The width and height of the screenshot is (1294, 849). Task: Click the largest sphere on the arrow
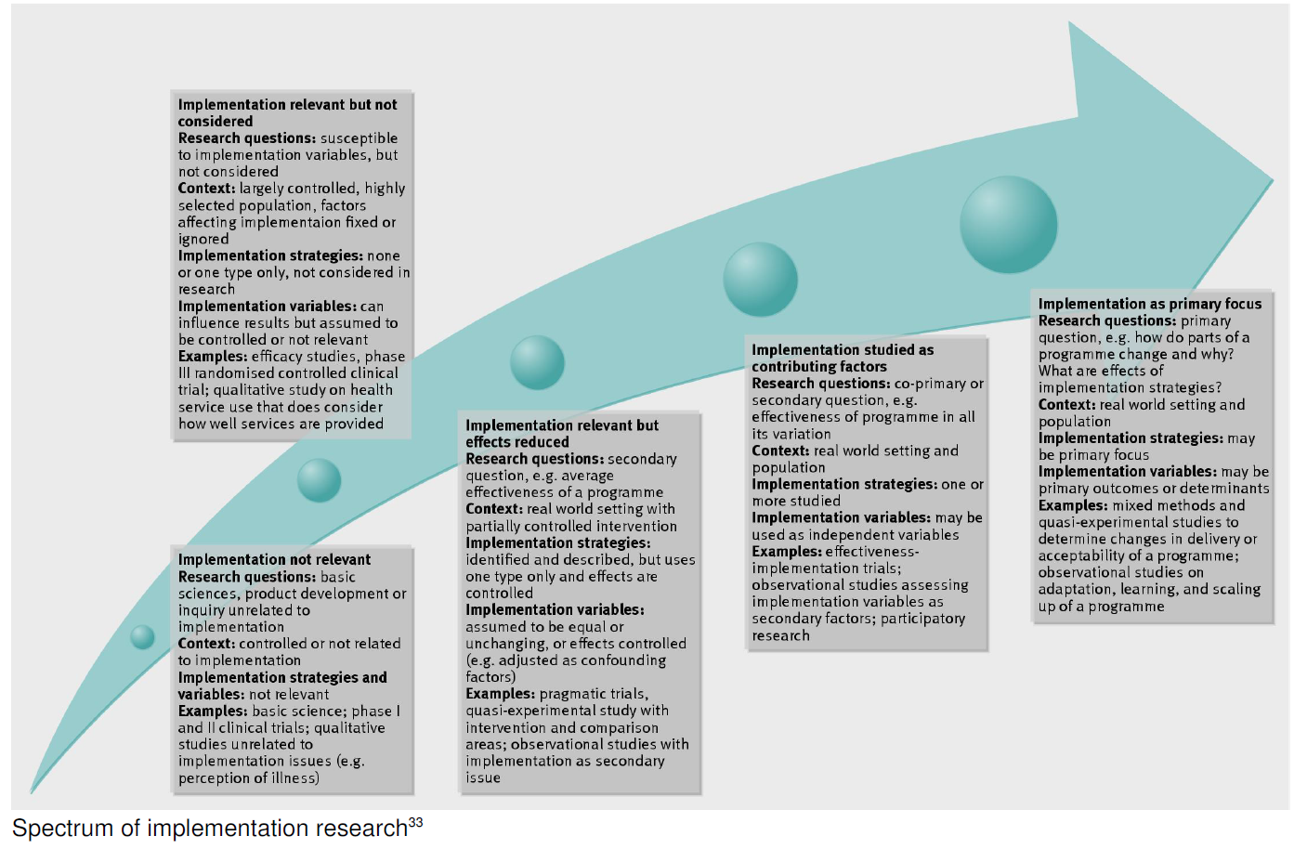click(1008, 225)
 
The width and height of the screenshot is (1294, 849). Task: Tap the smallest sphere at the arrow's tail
click(143, 636)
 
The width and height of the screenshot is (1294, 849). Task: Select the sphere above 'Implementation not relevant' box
click(319, 480)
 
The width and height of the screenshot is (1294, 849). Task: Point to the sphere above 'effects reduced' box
click(537, 362)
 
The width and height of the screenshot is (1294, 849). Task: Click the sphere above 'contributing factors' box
click(760, 279)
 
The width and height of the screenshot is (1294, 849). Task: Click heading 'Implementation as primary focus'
click(1149, 304)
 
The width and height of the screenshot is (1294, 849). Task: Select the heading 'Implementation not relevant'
click(274, 559)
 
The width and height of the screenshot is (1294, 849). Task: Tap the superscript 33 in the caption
click(415, 823)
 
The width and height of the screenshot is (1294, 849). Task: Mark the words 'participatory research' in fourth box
click(858, 627)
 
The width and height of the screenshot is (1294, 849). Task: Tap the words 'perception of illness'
click(248, 778)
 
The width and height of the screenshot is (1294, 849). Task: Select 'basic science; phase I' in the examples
click(326, 712)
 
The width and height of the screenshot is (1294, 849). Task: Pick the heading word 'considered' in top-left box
click(216, 122)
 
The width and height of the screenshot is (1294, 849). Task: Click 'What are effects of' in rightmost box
click(1100, 371)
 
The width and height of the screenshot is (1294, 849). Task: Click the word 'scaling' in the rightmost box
click(1236, 589)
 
